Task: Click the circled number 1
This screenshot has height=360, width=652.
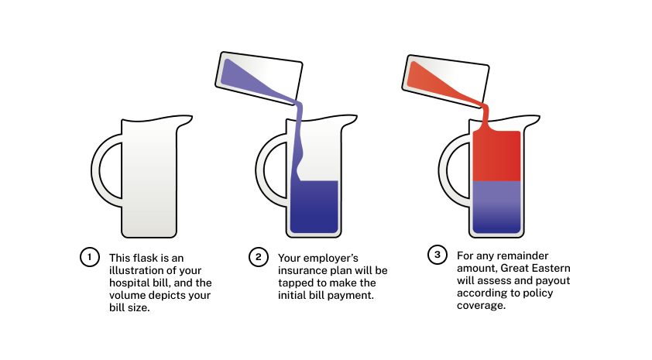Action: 89,257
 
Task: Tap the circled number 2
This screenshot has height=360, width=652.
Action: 258,257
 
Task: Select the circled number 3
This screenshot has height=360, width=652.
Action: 437,255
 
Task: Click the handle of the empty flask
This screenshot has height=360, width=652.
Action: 97,170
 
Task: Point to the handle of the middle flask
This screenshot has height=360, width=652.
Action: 261,170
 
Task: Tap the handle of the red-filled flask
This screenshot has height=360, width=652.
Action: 444,170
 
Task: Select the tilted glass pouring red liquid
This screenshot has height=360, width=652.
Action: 445,81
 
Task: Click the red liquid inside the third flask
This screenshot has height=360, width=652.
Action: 496,156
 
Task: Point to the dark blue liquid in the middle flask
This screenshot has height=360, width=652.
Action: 314,207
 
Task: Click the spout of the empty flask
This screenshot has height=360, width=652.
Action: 185,121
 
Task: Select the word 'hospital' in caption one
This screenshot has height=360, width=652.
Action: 127,283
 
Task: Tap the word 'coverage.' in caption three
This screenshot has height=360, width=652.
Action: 481,306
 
